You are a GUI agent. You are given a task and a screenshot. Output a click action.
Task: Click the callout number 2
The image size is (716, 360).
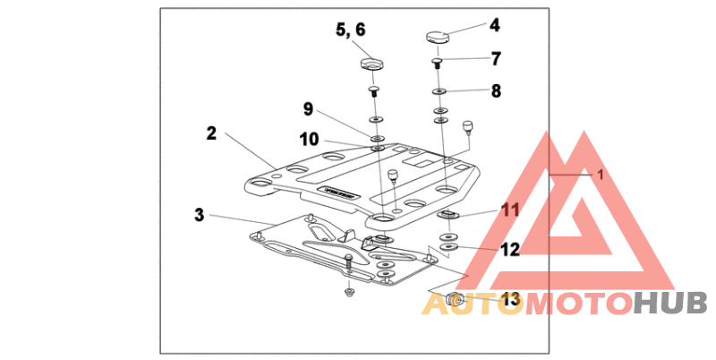pyautogui.click(x=210, y=133)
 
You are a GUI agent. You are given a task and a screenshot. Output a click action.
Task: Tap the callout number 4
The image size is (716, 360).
pyautogui.click(x=494, y=26)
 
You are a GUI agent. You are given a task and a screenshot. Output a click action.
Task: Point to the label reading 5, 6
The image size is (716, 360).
pyautogui.click(x=351, y=30)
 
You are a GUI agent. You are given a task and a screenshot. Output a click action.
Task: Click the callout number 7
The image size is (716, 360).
pyautogui.click(x=495, y=59)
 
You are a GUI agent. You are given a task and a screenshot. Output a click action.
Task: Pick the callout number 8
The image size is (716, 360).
pyautogui.click(x=495, y=90)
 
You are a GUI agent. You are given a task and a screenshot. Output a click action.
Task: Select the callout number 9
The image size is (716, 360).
pyautogui.click(x=308, y=109)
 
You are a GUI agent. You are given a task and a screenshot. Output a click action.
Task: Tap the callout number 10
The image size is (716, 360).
pyautogui.click(x=308, y=140)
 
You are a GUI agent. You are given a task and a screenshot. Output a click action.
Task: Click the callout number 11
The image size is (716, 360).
pyautogui.click(x=509, y=210)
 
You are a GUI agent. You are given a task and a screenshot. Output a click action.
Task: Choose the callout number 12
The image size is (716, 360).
pyautogui.click(x=509, y=250)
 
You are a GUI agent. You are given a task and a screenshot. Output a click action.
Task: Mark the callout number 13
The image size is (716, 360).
pyautogui.click(x=509, y=300)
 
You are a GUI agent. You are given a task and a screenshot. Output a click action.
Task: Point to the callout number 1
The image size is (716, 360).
pyautogui.click(x=601, y=176)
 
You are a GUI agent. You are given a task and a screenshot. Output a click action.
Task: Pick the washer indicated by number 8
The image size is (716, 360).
pyautogui.click(x=439, y=91)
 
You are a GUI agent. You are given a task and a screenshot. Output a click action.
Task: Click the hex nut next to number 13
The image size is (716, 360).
pyautogui.click(x=455, y=299)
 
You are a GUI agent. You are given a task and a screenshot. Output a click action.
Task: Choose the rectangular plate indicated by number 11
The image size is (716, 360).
pyautogui.click(x=447, y=215)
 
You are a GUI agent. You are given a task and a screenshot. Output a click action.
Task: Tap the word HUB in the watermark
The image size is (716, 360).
pyautogui.click(x=669, y=304)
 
